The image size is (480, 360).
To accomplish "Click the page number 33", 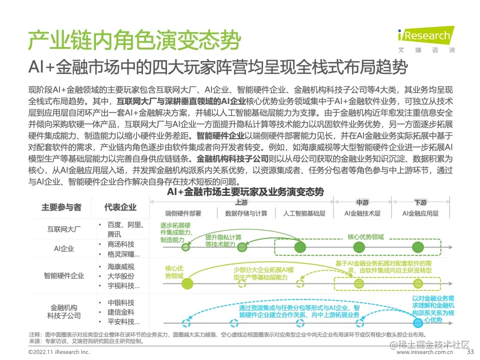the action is coord(469,352).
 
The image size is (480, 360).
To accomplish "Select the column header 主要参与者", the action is coord(61,207).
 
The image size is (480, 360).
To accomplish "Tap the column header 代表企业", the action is coord(120,207).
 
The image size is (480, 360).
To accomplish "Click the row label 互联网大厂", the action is coord(64,229).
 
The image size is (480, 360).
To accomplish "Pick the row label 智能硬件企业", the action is coord(64,275).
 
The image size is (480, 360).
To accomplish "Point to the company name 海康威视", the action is coord(121,266).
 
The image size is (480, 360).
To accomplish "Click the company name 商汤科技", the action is coord(121,244).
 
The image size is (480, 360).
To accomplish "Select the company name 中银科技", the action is coord(121,303).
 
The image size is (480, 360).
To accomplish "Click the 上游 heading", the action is coord(241,202).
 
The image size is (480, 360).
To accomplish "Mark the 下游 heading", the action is coord(420,202).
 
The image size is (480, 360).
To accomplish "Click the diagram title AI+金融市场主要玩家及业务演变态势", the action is coord(245,192).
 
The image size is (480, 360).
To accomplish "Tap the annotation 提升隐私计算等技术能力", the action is coord(223,240).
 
